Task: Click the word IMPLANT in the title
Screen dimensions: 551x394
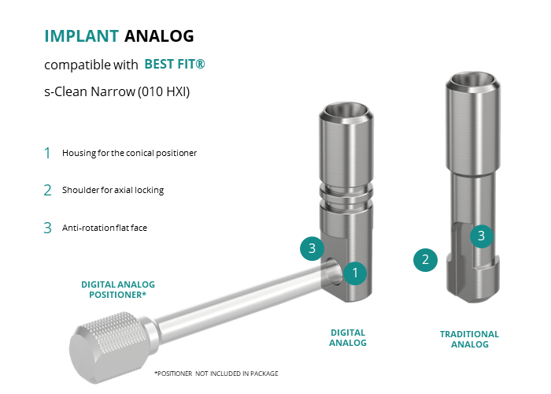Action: click(x=82, y=36)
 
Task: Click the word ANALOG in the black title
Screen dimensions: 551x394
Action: click(x=159, y=36)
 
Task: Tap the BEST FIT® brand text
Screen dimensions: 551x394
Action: click(x=175, y=64)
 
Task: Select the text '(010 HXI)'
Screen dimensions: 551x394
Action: click(x=164, y=91)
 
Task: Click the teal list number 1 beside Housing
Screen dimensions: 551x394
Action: click(x=47, y=153)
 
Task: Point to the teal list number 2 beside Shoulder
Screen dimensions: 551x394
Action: click(x=47, y=191)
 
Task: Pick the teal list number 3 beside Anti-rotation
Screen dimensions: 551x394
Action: click(x=47, y=228)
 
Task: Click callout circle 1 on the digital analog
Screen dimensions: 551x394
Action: click(x=355, y=273)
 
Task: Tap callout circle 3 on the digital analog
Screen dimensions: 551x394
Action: click(x=312, y=248)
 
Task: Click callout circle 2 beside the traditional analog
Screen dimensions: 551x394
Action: click(x=425, y=260)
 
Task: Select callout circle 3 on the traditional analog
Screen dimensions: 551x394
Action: click(x=482, y=236)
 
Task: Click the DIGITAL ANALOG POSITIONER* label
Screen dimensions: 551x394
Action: click(x=118, y=289)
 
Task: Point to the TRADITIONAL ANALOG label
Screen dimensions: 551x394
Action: click(x=469, y=339)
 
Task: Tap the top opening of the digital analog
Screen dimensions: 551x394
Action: click(x=346, y=111)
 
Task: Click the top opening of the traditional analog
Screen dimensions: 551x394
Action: click(x=472, y=80)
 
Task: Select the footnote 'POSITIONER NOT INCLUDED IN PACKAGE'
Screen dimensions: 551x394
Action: click(x=216, y=374)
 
